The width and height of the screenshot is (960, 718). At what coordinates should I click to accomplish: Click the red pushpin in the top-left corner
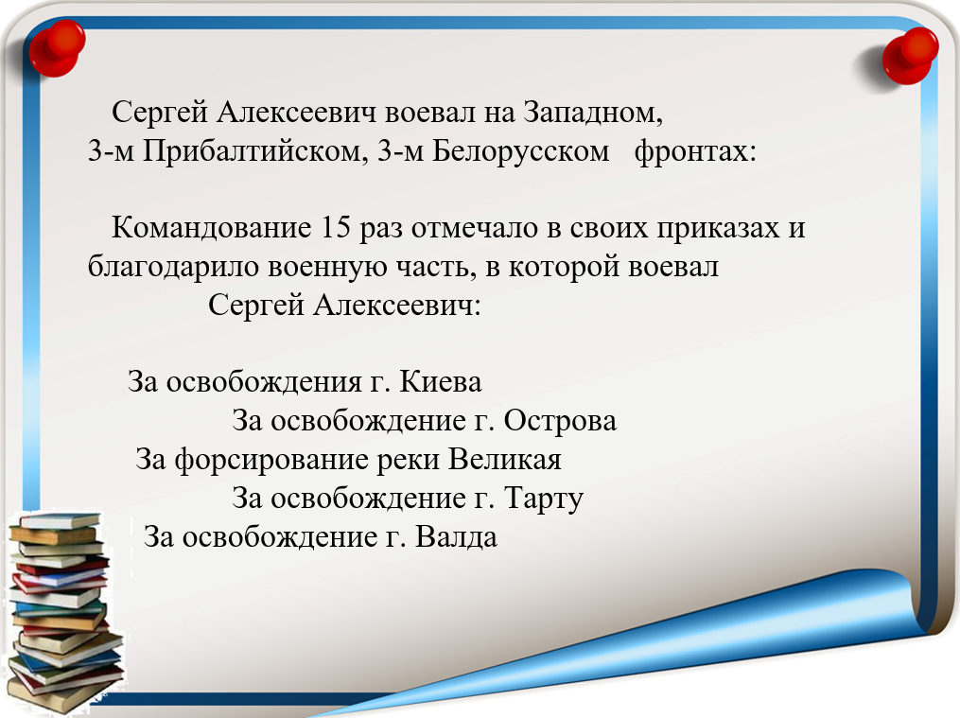pos(57,47)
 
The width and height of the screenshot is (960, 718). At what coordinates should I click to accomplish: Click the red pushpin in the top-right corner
pos(910,55)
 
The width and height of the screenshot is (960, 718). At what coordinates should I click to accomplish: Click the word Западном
pos(593,113)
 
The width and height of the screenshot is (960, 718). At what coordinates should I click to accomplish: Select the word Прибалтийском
pos(254,151)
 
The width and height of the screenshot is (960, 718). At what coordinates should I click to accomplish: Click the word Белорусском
pos(521,150)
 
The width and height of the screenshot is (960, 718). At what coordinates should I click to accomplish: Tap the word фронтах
pos(690,151)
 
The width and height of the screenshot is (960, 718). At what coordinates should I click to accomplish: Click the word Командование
pos(212,228)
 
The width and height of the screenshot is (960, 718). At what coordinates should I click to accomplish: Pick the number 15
pos(336,228)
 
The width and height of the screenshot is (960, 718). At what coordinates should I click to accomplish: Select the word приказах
pos(719,228)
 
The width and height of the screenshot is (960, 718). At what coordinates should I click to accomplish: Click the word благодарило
pos(173,267)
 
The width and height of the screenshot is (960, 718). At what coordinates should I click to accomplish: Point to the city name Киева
pos(441,382)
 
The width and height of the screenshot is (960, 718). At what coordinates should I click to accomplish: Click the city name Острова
pos(560,421)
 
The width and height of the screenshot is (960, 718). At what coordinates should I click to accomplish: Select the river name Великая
pos(504,459)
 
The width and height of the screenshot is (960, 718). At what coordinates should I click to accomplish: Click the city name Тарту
pos(544,499)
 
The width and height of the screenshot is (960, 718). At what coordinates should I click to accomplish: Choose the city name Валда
pos(456,536)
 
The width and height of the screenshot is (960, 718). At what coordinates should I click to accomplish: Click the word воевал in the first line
pos(429,113)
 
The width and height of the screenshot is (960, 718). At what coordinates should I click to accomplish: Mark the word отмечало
pos(478,228)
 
